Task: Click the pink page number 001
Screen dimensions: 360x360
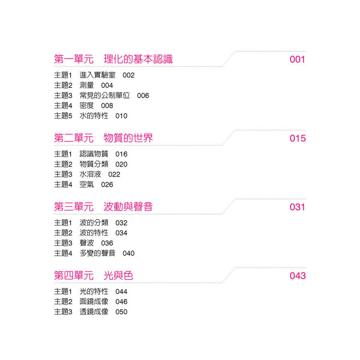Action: point(297,60)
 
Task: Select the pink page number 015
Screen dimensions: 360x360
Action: point(298,138)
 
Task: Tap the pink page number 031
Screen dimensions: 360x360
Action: point(297,207)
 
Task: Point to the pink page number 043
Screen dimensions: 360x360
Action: point(298,276)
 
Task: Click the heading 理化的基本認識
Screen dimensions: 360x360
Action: point(138,59)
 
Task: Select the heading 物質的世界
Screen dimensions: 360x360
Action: point(128,138)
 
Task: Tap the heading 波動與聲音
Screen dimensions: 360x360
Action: point(128,206)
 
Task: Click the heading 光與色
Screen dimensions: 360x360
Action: point(118,276)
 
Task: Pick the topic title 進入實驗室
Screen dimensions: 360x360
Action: point(97,75)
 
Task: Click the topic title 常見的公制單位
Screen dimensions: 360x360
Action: point(105,96)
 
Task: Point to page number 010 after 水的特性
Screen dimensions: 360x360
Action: point(121,116)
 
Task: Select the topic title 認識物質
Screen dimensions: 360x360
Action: point(94,154)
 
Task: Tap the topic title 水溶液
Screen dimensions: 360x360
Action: point(90,174)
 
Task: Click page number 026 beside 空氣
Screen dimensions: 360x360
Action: point(107,185)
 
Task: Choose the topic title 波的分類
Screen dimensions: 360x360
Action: point(94,223)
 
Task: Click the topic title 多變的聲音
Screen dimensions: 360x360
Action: point(97,253)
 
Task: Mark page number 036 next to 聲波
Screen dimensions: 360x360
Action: point(107,243)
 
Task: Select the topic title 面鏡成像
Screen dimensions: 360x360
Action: point(94,301)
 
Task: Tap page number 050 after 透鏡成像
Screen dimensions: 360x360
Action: point(121,312)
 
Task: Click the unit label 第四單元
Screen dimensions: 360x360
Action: point(74,276)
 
